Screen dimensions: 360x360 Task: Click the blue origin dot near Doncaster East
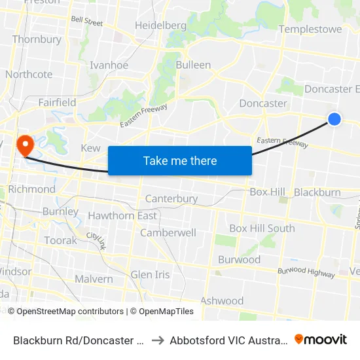tap(334, 118)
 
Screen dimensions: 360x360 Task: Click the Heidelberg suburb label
tap(160, 26)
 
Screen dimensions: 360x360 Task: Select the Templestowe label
tap(310, 29)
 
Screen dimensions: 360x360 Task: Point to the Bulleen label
tap(193, 65)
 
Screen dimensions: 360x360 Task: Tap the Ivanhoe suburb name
tap(109, 65)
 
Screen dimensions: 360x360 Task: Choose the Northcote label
tap(29, 74)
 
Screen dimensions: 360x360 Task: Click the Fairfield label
tap(57, 102)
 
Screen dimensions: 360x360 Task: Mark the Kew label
tap(90, 148)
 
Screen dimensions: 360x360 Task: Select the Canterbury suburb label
tap(171, 198)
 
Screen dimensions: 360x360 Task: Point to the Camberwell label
tap(168, 232)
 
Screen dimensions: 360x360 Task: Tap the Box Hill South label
tap(262, 228)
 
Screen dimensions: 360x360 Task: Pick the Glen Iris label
tap(150, 274)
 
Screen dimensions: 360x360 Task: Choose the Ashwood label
tap(222, 300)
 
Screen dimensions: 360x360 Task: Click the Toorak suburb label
tap(60, 240)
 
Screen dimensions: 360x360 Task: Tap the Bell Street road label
tap(87, 22)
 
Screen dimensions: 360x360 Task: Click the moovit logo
tap(321, 339)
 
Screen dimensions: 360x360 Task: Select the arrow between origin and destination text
tap(158, 340)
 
